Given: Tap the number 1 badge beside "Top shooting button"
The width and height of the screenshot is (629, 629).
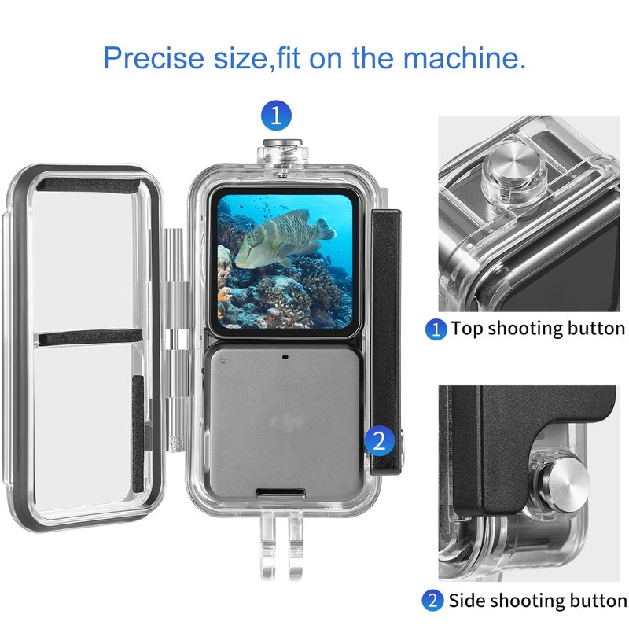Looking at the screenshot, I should click(435, 329).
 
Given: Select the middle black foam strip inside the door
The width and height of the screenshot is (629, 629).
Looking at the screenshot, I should click(96, 338).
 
